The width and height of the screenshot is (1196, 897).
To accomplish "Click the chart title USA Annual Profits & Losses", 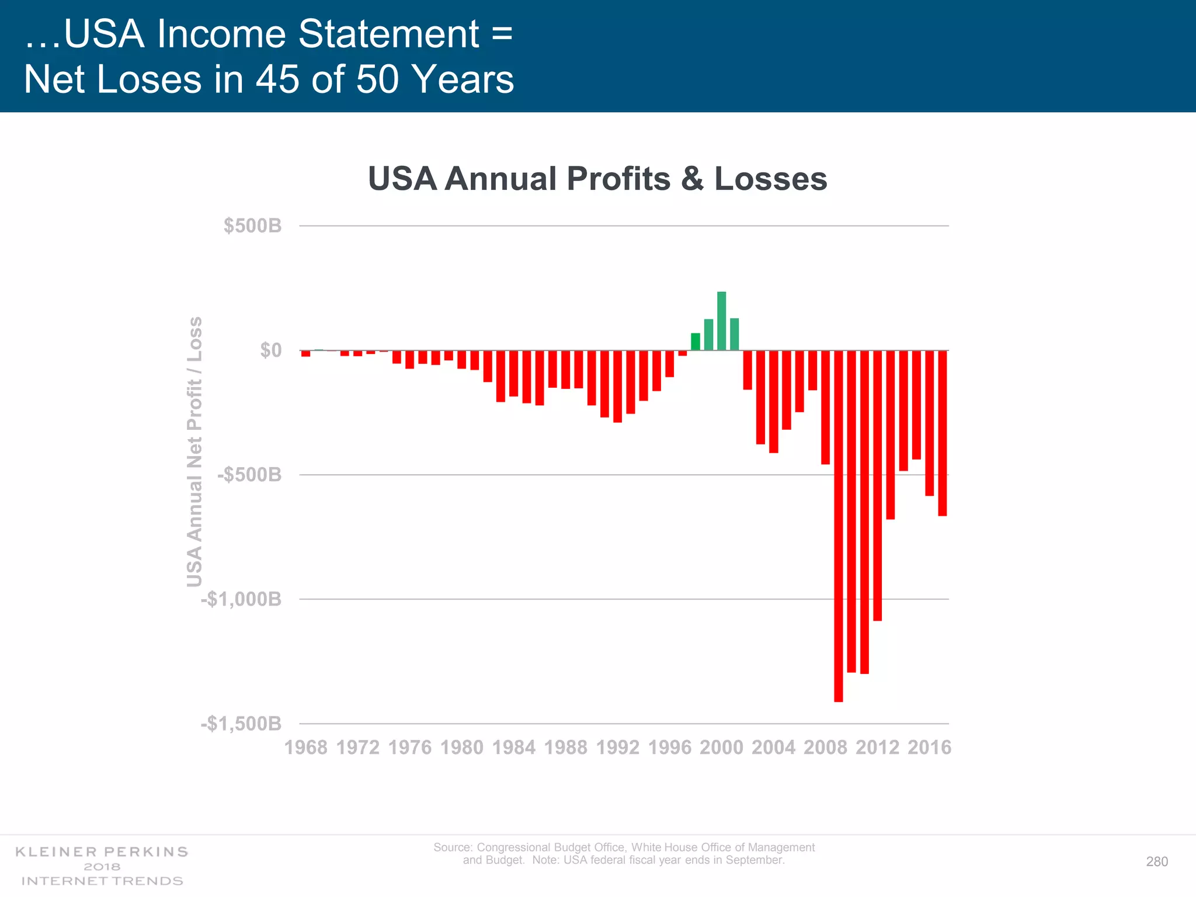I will point(597,178).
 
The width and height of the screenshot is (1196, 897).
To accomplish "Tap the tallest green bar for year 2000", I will point(721,321).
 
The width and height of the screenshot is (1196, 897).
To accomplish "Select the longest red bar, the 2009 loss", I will point(838,526).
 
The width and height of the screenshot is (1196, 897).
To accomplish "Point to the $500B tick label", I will point(252,225).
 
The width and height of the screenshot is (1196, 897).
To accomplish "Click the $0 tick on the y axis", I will point(270,350).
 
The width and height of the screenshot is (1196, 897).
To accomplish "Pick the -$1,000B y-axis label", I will point(241,599).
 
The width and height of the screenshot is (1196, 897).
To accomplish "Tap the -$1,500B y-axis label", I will point(241,724).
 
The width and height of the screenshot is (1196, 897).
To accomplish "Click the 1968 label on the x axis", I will point(305,747).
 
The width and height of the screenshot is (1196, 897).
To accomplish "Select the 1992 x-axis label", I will point(617,747).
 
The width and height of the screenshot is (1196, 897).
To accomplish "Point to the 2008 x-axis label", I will point(825,747).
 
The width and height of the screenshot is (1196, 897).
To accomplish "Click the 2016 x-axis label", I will point(929,747).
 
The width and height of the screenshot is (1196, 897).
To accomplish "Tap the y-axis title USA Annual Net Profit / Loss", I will point(194,451).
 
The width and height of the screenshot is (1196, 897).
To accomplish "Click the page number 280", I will point(1157,862).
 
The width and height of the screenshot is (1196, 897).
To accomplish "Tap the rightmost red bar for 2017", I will point(942,433).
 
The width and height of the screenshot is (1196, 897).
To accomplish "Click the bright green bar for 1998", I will point(695,342).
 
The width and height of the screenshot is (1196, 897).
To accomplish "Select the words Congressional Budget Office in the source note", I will point(551,847).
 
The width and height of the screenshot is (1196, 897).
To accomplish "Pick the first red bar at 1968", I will point(305,353).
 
